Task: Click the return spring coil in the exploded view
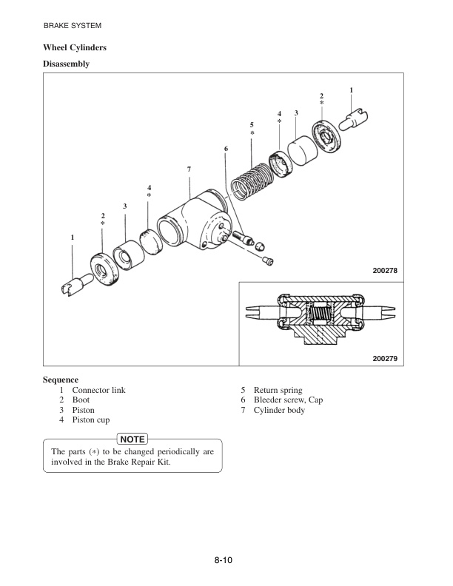pos(249,181)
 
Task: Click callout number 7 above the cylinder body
pos(189,170)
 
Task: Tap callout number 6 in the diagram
pos(226,149)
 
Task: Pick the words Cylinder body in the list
pos(279,410)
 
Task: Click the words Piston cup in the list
pos(93,420)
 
